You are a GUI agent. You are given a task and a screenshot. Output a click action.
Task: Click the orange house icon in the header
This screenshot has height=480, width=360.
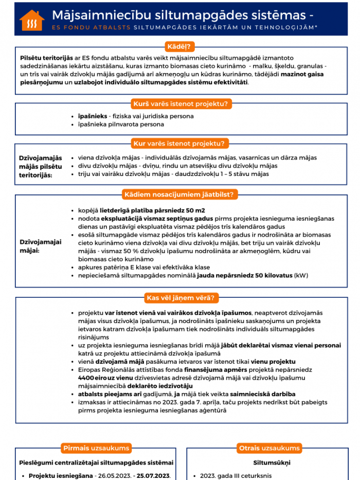click(x=32, y=20)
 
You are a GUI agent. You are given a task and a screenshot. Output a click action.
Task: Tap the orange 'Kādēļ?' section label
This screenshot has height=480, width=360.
click(x=178, y=47)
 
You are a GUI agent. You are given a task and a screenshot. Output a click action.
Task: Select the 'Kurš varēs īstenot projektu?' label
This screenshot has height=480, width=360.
click(x=180, y=103)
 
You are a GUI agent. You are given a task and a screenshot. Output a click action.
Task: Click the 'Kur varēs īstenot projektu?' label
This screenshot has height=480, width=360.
click(x=180, y=143)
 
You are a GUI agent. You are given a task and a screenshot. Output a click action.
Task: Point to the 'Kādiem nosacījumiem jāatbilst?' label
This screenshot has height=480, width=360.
click(x=180, y=194)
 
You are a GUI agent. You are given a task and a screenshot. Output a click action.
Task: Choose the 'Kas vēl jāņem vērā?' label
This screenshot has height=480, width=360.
click(x=180, y=297)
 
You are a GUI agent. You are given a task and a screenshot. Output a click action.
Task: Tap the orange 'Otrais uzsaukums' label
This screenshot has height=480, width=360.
click(x=269, y=448)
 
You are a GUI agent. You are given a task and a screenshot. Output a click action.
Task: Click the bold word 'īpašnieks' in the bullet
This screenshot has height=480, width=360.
click(x=92, y=116)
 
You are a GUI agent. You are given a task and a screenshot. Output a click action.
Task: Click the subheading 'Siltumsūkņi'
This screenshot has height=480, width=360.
click(x=269, y=463)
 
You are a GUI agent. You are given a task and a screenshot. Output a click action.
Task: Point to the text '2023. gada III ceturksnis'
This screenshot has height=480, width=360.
click(x=238, y=476)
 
